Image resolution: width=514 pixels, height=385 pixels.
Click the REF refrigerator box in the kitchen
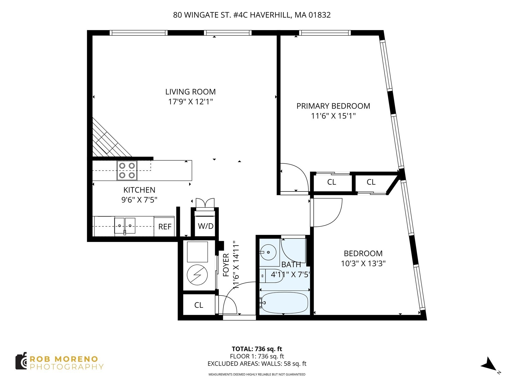(x=164, y=227)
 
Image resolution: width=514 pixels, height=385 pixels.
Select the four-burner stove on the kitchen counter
(x=127, y=170)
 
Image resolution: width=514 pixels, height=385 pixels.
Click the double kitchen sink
(x=125, y=226)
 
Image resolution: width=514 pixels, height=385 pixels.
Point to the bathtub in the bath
(x=284, y=303)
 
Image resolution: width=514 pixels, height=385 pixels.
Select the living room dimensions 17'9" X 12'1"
(x=190, y=102)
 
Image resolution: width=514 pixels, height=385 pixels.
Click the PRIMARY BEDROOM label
(x=333, y=106)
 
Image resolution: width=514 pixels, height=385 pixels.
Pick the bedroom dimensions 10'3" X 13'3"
(x=363, y=264)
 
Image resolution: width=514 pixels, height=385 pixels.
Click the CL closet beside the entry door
(x=199, y=305)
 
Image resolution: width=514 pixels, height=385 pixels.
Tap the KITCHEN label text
(x=139, y=190)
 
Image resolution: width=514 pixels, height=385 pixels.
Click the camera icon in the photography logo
(x=21, y=361)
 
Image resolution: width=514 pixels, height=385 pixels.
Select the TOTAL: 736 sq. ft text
(x=257, y=349)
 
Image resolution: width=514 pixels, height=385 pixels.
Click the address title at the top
(x=252, y=15)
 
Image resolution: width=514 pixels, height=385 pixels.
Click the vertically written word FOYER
(x=226, y=265)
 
